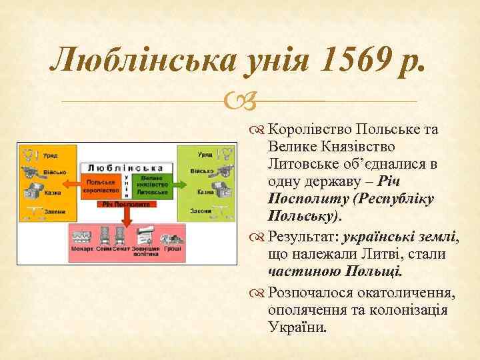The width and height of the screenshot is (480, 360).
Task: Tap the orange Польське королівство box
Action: point(100,185)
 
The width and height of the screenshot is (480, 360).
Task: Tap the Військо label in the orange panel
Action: point(55,172)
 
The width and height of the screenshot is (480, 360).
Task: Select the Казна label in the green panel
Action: point(205,192)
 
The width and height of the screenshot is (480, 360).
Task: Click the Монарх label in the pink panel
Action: point(82,249)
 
